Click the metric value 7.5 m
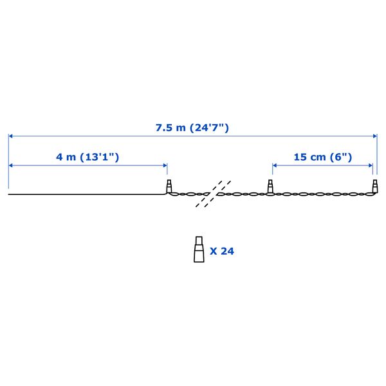click(x=170, y=127)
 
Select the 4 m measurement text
click(x=64, y=157)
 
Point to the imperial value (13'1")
click(x=99, y=157)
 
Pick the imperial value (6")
click(x=341, y=157)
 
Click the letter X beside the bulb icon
click(x=214, y=251)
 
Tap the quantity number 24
click(x=227, y=251)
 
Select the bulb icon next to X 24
click(x=198, y=250)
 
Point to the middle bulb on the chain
click(x=271, y=187)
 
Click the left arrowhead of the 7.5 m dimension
click(x=11, y=136)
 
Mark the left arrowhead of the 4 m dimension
click(x=11, y=165)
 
